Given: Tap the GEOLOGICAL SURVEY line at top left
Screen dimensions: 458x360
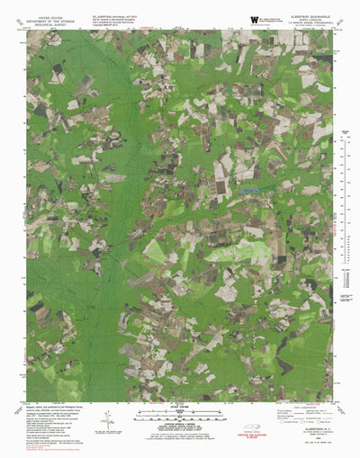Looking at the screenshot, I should (x=45, y=22).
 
